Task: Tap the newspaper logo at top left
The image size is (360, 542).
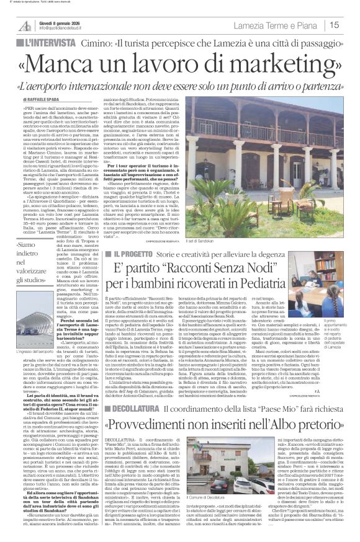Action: pyautogui.click(x=25, y=24)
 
